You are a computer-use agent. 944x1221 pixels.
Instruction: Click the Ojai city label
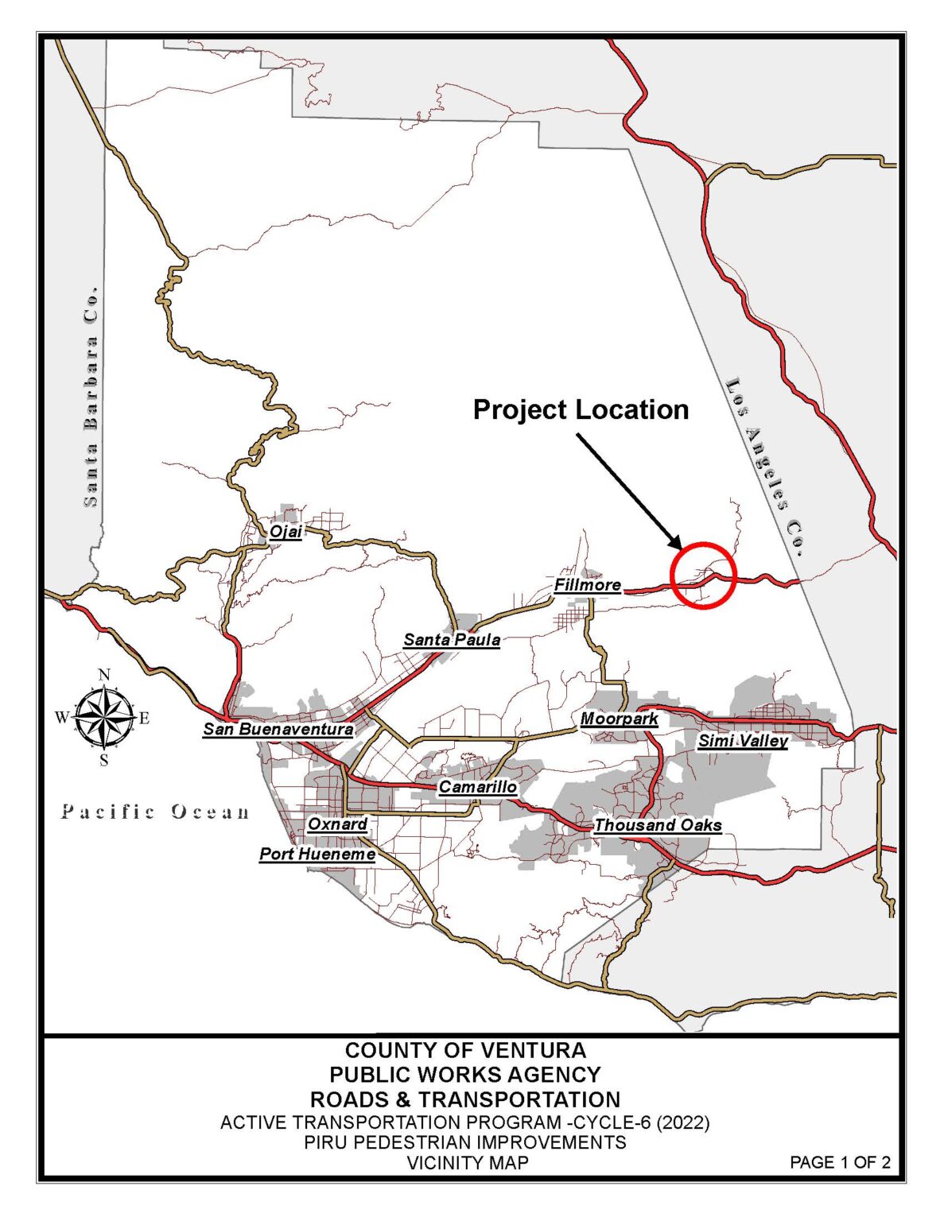click(x=286, y=531)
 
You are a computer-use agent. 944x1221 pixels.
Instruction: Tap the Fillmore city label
click(x=587, y=585)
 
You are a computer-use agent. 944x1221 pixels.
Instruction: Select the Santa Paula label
click(x=452, y=639)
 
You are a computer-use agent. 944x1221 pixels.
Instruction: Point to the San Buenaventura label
click(x=278, y=728)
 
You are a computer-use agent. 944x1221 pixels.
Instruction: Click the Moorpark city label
click(x=619, y=719)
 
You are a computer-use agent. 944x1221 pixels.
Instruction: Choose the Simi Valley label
click(x=743, y=741)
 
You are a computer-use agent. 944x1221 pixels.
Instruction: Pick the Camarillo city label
click(x=477, y=786)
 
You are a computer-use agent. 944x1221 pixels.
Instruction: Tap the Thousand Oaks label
click(x=658, y=825)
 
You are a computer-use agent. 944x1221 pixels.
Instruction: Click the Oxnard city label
click(x=337, y=824)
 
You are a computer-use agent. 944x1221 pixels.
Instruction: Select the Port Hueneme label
click(x=317, y=854)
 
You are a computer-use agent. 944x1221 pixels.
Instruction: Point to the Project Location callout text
click(x=581, y=409)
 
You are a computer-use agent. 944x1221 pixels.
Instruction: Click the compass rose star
click(x=104, y=718)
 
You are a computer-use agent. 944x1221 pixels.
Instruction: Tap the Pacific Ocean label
click(x=155, y=812)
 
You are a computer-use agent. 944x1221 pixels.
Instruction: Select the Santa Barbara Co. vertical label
click(x=91, y=397)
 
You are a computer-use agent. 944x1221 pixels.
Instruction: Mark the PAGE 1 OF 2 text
click(x=839, y=1162)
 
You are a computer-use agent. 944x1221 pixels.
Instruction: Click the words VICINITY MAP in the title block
click(x=467, y=1162)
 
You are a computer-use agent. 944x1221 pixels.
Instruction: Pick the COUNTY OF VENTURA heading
click(x=465, y=1050)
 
